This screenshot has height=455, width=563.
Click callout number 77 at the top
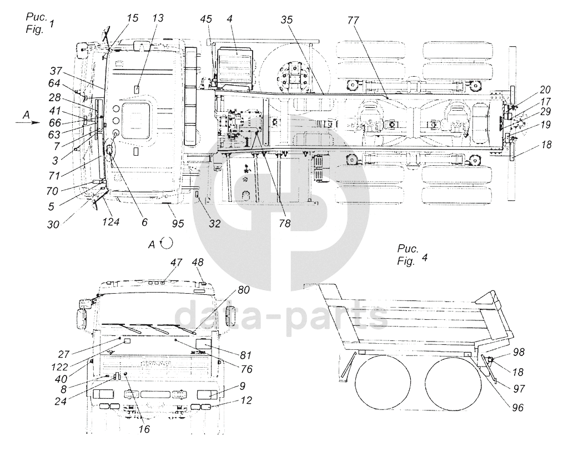pos(353,21)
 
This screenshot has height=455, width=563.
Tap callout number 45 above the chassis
pos(206,19)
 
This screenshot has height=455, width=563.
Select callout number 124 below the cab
pos(110,222)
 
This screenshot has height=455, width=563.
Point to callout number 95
pos(178,224)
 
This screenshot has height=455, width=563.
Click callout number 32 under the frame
pos(215,224)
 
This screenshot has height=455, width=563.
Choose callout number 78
pos(284,224)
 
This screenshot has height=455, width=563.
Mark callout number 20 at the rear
pos(545,90)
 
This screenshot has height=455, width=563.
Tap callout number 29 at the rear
pos(545,111)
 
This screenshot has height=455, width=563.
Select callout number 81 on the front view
pos(245,355)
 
